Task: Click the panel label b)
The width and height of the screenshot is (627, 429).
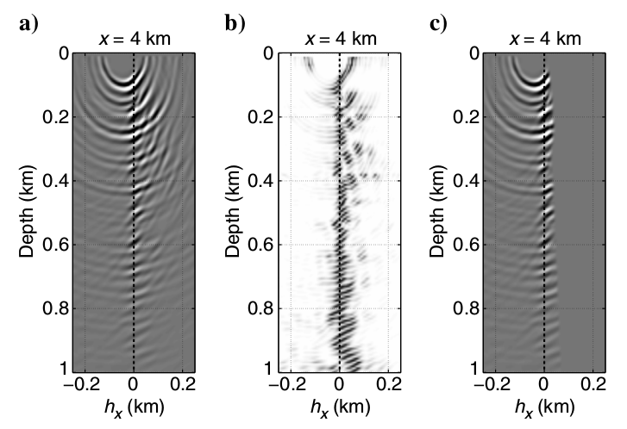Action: [x=235, y=23]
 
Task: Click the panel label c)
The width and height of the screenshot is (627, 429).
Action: [x=440, y=23]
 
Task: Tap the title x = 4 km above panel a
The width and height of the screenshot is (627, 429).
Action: [x=134, y=39]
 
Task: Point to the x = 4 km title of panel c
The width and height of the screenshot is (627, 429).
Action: [x=545, y=39]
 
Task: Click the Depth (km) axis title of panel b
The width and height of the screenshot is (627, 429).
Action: [x=233, y=211]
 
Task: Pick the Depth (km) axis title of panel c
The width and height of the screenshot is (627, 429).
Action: [x=438, y=211]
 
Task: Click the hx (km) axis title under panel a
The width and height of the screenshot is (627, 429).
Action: [x=134, y=406]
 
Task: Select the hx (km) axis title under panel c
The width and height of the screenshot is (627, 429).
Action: [x=545, y=406]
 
